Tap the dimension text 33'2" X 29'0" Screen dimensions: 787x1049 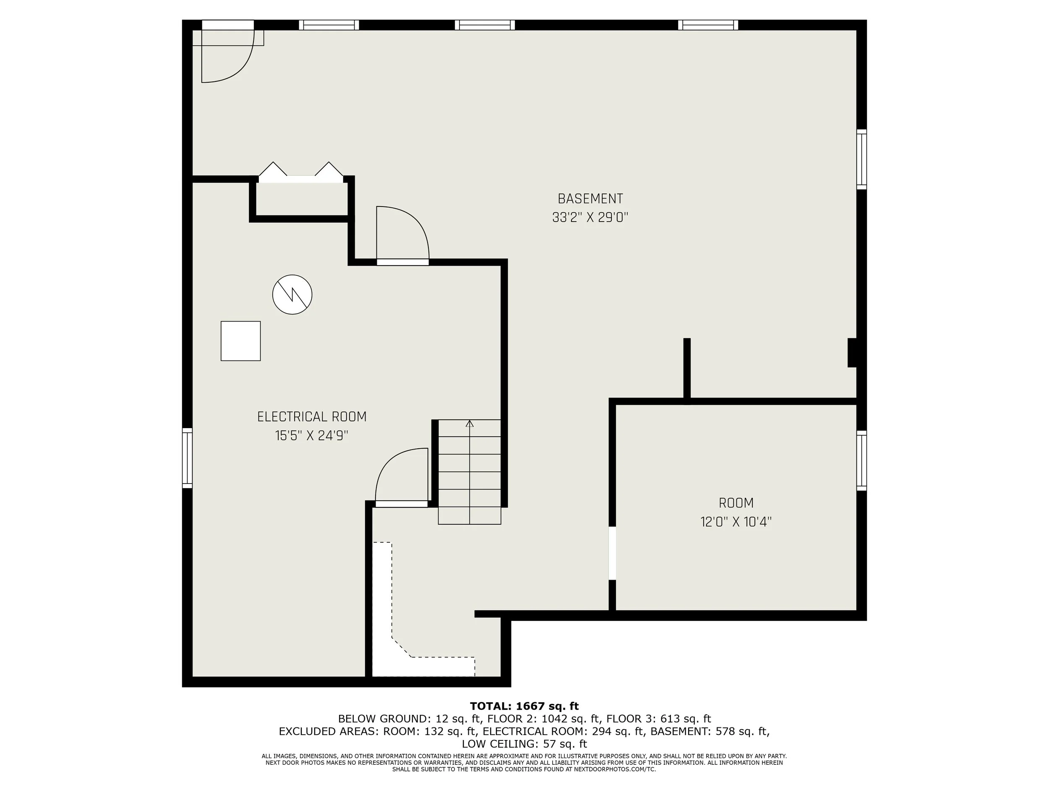590,218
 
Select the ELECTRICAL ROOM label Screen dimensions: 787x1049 312,417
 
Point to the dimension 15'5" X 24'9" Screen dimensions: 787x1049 312,436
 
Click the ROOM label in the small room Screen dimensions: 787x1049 736,503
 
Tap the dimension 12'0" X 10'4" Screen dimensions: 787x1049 736,522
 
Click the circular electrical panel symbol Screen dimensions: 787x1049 292,295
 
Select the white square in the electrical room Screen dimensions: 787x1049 240,341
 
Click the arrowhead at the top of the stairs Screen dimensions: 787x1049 470,423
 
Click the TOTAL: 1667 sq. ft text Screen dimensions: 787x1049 524,706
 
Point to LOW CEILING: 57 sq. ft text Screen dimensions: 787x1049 524,744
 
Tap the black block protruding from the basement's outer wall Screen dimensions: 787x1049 852,353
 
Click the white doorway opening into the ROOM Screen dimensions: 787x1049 612,553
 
